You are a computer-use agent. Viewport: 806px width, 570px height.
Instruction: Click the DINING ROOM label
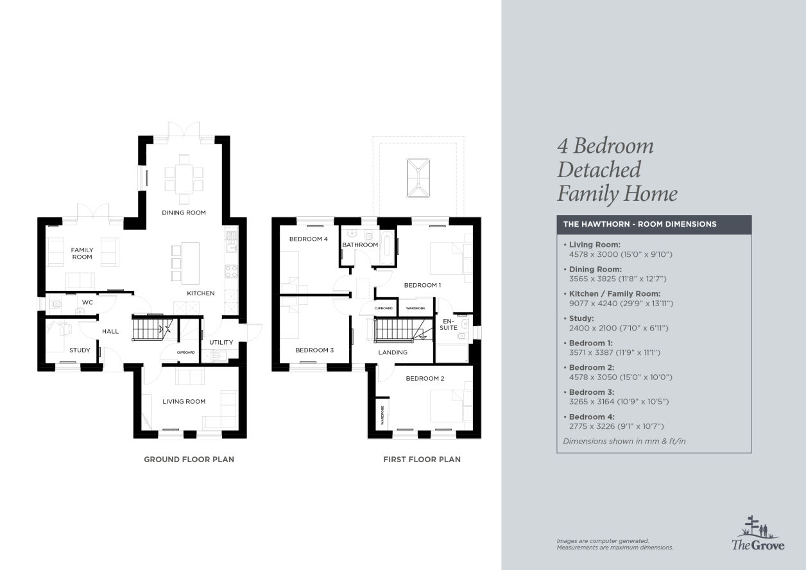point(184,212)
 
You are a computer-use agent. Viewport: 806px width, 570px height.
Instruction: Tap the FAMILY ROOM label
point(82,254)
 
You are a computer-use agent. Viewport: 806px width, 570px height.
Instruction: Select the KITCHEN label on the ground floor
point(201,293)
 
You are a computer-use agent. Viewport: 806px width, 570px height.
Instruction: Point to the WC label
point(87,302)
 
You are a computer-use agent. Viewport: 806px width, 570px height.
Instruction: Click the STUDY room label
point(80,350)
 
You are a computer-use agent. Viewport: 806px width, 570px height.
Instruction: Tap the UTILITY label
point(221,342)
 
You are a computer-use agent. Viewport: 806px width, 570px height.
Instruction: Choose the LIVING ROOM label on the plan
point(184,402)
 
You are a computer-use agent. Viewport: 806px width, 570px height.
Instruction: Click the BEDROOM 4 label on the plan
point(309,239)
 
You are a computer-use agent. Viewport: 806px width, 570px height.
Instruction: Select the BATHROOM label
point(360,245)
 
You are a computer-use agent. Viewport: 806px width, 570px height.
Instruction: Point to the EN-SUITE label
point(449,324)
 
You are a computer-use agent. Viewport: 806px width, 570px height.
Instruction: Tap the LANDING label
point(393,352)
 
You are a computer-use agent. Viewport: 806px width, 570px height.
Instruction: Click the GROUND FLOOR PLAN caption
point(189,460)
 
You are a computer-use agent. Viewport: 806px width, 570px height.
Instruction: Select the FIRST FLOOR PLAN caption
point(422,460)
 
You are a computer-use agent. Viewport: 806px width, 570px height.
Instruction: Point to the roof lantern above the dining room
point(418,178)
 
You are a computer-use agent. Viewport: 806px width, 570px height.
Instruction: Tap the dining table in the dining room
point(184,179)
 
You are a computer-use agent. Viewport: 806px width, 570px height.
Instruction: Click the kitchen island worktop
point(191,263)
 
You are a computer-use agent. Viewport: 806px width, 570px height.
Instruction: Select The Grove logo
point(758,533)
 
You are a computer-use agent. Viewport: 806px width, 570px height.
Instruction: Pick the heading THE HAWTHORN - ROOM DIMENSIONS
point(640,224)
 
